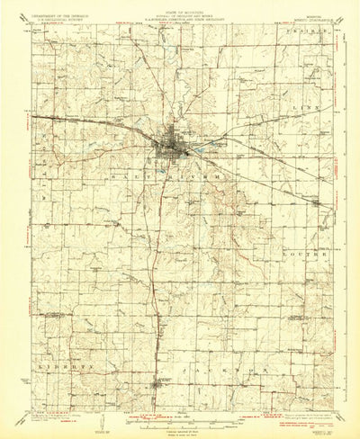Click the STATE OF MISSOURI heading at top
coord(179,7)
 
